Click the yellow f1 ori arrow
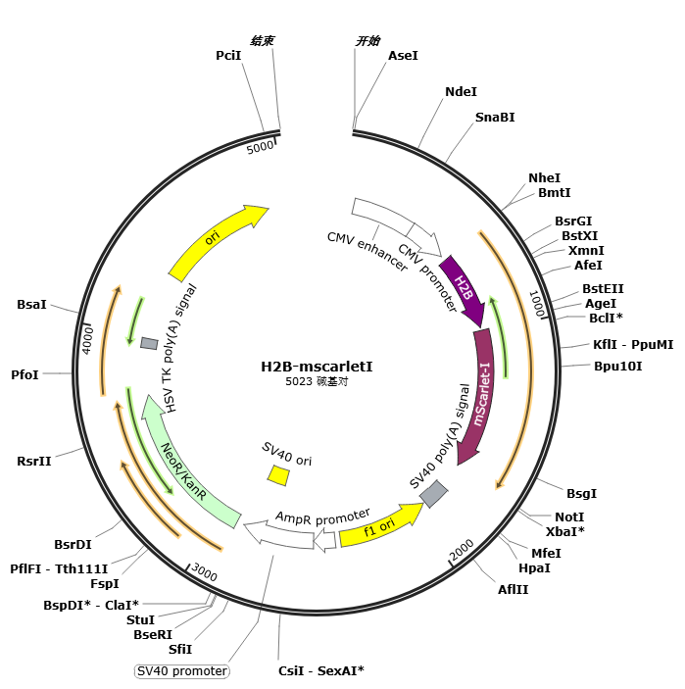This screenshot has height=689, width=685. [x=379, y=526]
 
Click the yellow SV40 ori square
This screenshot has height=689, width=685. [x=278, y=475]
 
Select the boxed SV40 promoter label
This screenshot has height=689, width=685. [x=182, y=671]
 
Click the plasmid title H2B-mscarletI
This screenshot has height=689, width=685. [x=317, y=367]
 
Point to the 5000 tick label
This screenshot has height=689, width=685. [x=260, y=148]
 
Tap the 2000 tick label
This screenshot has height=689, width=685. [x=462, y=549]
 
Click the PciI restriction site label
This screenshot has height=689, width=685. [x=228, y=55]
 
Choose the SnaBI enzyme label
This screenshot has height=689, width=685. [x=495, y=118]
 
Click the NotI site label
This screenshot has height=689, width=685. [x=569, y=517]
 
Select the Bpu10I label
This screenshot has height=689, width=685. [x=617, y=366]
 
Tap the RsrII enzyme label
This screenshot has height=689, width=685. [x=34, y=461]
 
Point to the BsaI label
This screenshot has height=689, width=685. [x=31, y=304]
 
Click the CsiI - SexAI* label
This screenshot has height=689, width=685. [x=321, y=670]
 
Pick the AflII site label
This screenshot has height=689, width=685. [x=513, y=589]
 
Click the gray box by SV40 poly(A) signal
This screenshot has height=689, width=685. [x=434, y=493]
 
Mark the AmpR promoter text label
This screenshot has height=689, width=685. [x=322, y=517]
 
